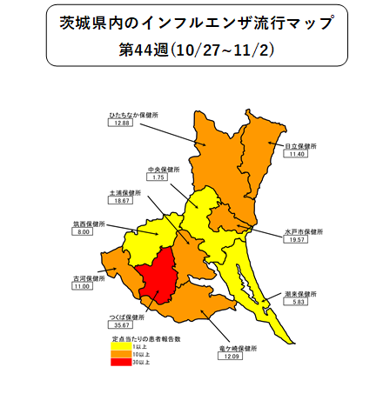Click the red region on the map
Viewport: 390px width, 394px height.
157,277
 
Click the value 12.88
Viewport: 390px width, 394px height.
120,124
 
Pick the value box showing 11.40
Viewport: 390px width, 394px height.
299,155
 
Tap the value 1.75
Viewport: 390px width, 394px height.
158,177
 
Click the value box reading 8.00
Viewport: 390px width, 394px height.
84,233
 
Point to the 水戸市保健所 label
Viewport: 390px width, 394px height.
303,232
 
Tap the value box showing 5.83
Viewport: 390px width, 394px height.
297,304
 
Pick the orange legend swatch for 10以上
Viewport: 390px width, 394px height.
121,354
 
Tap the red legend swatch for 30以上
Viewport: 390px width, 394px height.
121,362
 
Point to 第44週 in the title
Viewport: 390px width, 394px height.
145,50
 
